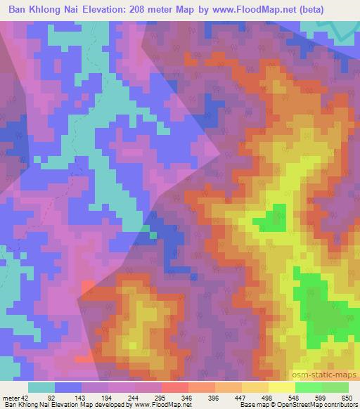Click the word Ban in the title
click(x=19, y=11)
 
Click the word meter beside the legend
click(x=11, y=398)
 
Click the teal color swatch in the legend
click(x=41, y=387)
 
